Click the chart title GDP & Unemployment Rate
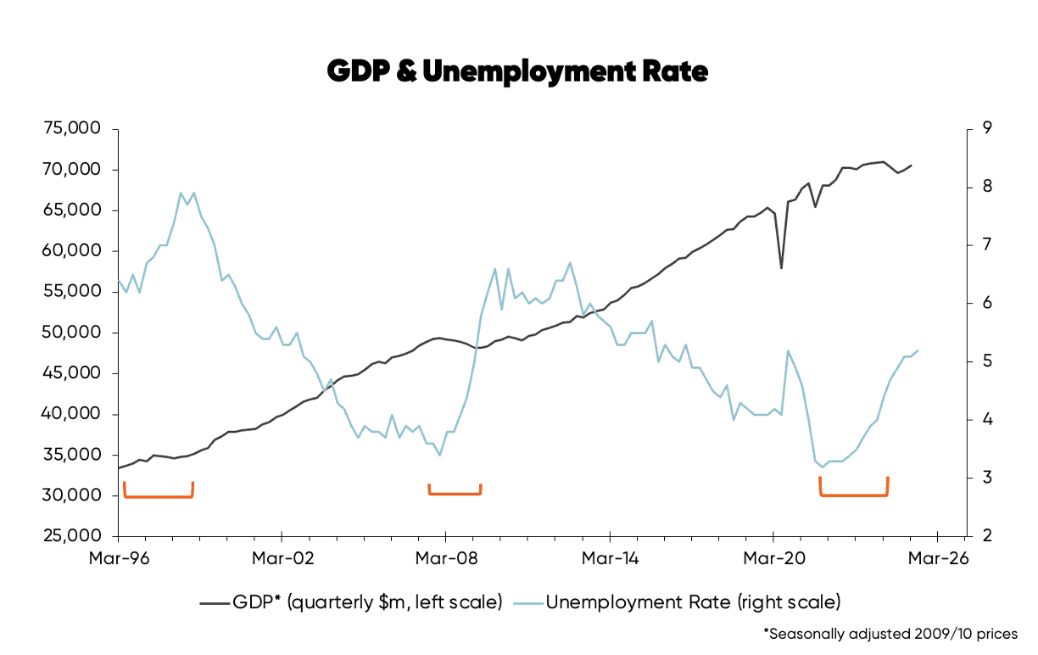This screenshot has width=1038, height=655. point(517,72)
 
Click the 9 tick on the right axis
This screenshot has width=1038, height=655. point(987,129)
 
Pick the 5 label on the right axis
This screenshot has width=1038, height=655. point(987,361)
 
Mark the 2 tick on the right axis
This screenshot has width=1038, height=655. point(987,536)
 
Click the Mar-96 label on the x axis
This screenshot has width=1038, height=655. point(119,559)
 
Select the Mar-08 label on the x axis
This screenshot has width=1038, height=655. point(445,559)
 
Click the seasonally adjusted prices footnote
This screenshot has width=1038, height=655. point(890,634)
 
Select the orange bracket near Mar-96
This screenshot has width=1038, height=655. point(159,495)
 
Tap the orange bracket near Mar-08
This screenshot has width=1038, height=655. point(455,493)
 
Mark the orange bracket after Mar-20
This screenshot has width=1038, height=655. point(854,494)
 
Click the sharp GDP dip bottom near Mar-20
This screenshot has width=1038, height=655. point(781,268)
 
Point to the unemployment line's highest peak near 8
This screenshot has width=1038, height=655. point(181,193)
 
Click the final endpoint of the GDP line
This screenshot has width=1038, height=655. point(911,165)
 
